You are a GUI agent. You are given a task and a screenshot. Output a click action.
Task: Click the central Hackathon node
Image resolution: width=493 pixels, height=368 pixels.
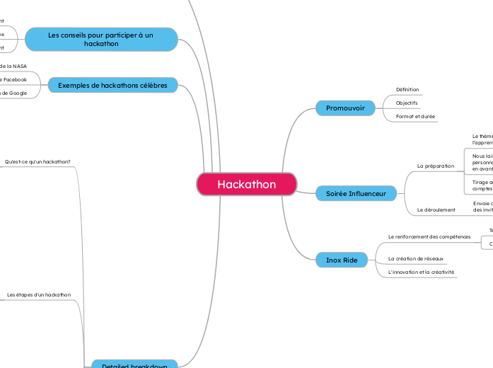246,184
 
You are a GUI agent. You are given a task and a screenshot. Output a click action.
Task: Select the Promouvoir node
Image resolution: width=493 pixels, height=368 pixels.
345,108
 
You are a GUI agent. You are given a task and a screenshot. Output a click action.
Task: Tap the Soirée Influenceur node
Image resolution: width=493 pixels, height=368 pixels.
356,192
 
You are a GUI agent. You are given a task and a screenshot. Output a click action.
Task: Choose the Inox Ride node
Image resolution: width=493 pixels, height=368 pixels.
342,260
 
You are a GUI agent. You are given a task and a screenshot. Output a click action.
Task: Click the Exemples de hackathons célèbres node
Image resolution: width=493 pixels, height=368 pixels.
112,86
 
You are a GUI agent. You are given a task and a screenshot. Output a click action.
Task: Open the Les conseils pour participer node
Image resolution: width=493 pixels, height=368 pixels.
100,39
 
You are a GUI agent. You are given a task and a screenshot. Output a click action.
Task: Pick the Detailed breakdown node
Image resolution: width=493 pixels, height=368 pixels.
134,364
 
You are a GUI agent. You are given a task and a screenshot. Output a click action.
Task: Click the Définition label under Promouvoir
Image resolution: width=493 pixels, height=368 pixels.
407,90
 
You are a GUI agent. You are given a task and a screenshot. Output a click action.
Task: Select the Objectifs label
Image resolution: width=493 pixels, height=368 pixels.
407,103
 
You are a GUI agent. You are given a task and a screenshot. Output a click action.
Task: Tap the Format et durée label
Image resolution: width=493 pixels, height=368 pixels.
415,116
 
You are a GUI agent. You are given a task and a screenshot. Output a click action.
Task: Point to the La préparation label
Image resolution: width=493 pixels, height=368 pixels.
436,166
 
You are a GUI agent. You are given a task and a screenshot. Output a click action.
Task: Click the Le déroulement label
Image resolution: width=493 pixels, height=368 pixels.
436,209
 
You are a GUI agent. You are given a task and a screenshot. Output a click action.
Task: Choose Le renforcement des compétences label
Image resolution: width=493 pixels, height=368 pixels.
429,236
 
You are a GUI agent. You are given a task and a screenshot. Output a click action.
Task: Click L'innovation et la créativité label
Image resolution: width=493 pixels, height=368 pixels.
422,272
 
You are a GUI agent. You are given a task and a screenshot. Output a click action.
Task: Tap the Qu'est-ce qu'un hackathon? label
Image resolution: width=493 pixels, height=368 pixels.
37,161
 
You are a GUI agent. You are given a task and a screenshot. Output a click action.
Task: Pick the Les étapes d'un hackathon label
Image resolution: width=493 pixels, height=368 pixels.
39,294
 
